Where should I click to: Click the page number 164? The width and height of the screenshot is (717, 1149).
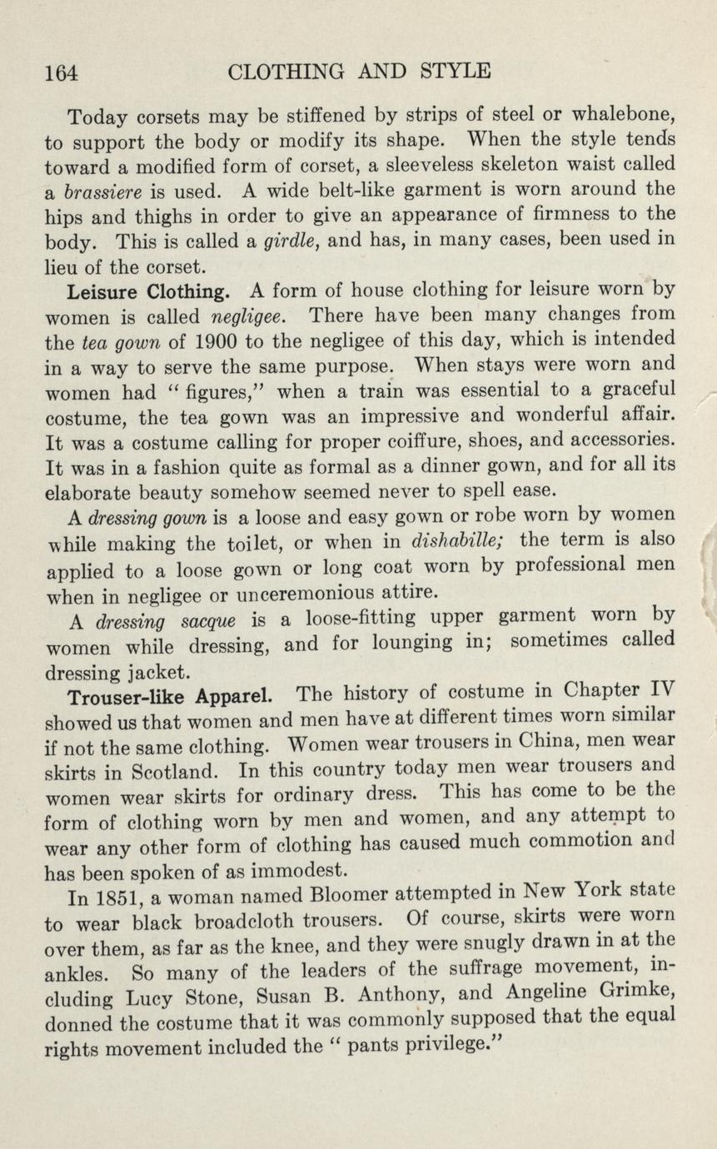pyautogui.click(x=61, y=72)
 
